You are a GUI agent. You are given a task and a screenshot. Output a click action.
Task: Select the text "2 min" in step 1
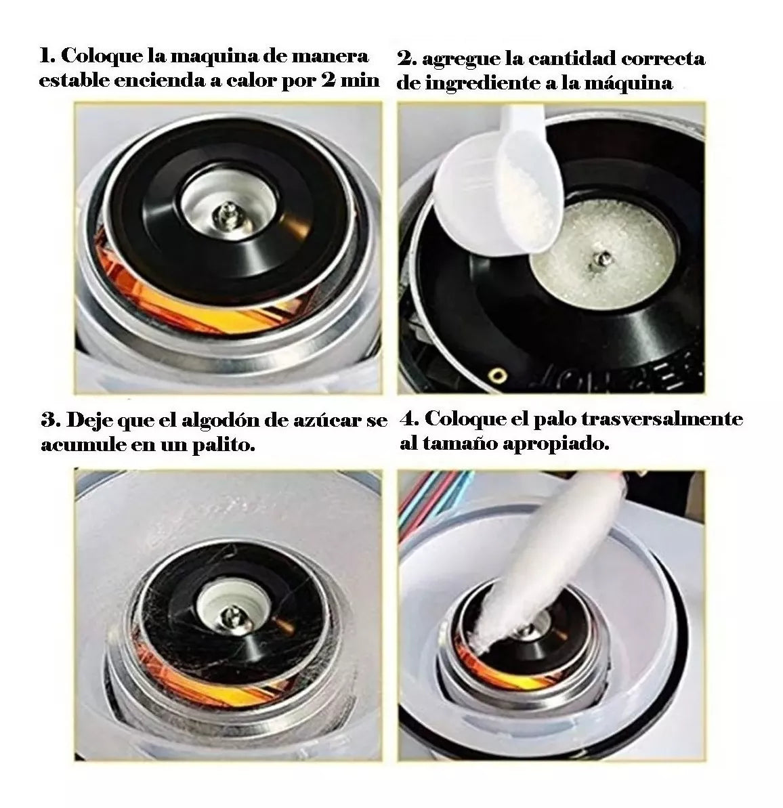[350, 81]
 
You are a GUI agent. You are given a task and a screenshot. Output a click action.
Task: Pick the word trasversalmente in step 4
[662, 419]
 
